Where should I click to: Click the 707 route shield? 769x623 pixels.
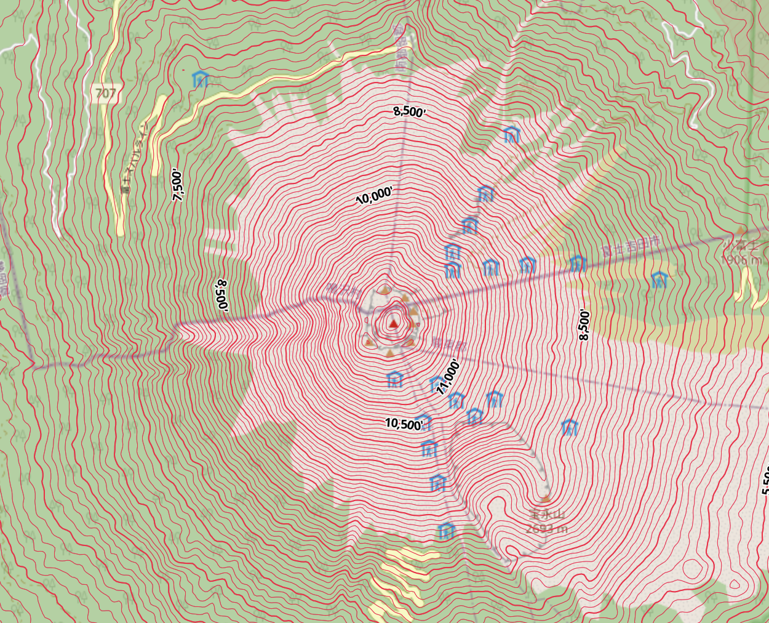[x=106, y=94]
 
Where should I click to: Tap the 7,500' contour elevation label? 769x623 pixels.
[x=178, y=186]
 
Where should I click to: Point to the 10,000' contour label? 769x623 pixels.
[x=373, y=196]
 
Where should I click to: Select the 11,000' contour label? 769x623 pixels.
[x=448, y=377]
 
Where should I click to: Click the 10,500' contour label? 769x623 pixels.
[x=404, y=424]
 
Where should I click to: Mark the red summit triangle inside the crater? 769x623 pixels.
[x=393, y=321]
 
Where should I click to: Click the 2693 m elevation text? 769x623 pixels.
[x=547, y=529]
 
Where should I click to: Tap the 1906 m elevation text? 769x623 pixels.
[x=742, y=260]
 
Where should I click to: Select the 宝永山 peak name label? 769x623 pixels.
[x=547, y=515]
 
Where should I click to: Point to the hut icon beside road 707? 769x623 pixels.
[x=201, y=79]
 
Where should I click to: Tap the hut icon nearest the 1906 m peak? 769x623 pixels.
[x=659, y=280]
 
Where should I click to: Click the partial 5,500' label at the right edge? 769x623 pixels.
[x=765, y=480]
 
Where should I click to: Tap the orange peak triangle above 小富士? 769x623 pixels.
[x=738, y=232]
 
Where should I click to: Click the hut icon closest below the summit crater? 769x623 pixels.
[x=394, y=379]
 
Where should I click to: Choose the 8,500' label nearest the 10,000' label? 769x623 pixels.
[x=410, y=111]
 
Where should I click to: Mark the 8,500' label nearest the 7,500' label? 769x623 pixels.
[x=221, y=295]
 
